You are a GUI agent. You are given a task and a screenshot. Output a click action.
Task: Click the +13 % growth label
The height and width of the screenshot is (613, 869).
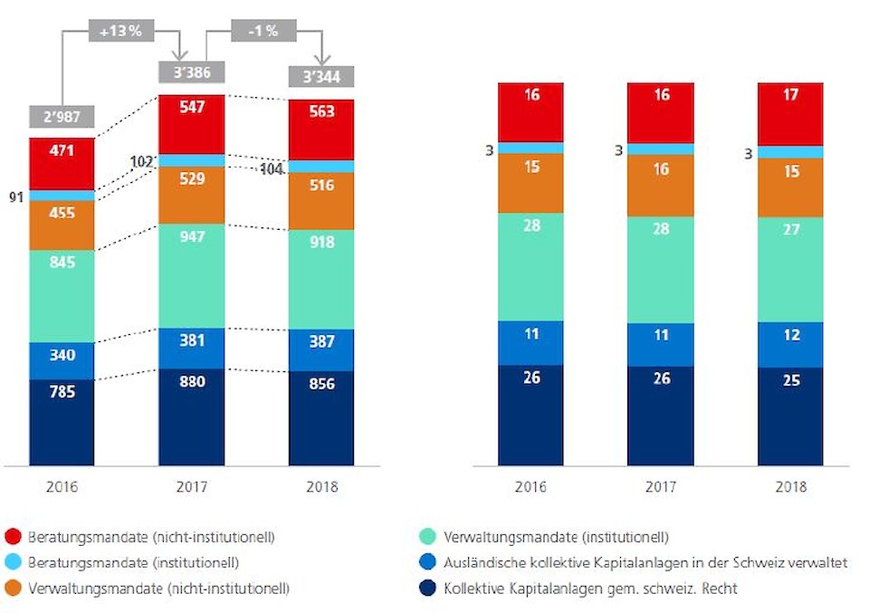120,30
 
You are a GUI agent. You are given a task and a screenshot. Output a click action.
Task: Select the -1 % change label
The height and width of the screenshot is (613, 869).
263,30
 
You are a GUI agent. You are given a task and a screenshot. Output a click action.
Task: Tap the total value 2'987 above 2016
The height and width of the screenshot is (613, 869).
61,117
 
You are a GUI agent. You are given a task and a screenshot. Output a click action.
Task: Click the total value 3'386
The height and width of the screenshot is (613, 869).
191,70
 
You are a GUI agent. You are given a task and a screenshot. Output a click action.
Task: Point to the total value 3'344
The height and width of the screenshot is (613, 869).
321,75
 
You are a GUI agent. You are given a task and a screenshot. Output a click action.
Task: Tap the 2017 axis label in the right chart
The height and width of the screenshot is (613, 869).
662,487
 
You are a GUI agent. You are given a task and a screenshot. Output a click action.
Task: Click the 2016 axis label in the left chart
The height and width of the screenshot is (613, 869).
62,487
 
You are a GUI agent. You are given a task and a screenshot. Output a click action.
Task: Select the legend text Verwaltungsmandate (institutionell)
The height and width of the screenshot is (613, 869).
556,537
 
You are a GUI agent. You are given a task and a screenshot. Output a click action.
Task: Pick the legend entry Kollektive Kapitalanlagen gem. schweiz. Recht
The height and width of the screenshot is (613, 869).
590,589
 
